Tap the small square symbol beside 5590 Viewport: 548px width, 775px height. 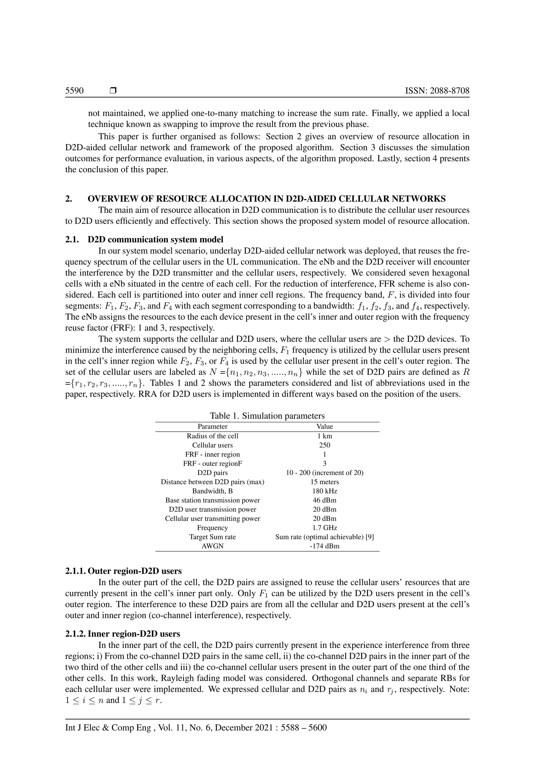[113, 91]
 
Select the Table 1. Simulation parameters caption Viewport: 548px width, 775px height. [267, 416]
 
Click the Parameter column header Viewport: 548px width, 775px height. [212, 426]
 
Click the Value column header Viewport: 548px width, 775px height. [325, 426]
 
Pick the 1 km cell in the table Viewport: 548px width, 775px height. [325, 436]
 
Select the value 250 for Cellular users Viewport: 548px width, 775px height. [325, 445]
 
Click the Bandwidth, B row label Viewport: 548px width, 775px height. [212, 491]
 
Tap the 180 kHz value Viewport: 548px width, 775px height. [325, 491]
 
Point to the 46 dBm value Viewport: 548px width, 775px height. [325, 500]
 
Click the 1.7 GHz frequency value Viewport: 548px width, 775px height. [325, 527]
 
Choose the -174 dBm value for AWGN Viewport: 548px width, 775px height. [325, 546]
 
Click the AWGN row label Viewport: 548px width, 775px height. [212, 546]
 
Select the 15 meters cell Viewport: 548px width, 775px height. [325, 482]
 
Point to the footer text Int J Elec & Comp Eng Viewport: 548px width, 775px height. [108, 727]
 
